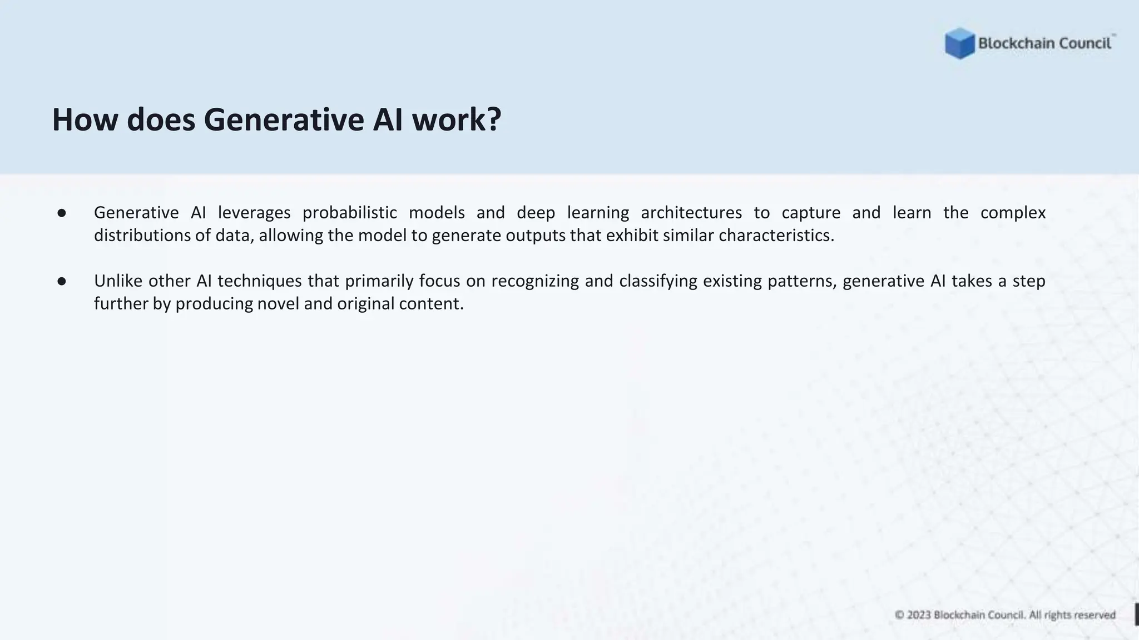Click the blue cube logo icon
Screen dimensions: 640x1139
959,43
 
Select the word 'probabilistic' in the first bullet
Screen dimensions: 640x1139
349,213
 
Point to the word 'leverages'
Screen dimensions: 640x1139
254,213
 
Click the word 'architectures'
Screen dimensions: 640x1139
691,213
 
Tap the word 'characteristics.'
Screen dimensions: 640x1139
776,236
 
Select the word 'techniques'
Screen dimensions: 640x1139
259,281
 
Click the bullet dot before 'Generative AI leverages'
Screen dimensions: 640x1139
62,213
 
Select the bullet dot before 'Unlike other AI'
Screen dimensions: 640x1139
62,282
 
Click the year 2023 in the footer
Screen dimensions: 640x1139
919,615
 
